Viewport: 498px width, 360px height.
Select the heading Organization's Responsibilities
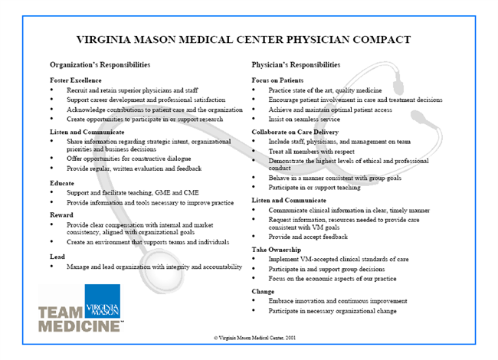[x=100, y=65]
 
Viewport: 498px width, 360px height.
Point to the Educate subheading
[x=62, y=182]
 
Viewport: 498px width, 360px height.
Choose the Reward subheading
[x=63, y=215]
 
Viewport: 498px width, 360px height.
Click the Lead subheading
[x=58, y=257]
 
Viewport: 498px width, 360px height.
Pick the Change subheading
[x=264, y=292]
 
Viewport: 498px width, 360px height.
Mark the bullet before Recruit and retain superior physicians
[x=52, y=90]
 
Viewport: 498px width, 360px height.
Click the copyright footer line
[x=248, y=337]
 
